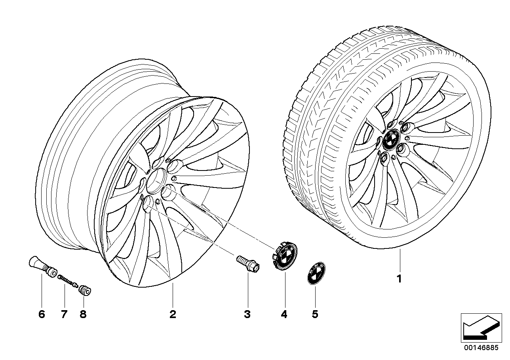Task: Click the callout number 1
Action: [x=400, y=279]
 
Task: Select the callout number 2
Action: [x=172, y=315]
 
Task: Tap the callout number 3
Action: [x=247, y=315]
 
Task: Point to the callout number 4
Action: [x=284, y=315]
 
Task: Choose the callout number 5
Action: [x=315, y=315]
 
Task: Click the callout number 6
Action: [x=42, y=315]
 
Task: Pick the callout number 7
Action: [x=64, y=315]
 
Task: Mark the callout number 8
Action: [x=83, y=315]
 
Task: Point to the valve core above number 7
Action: [x=67, y=282]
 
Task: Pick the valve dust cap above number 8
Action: [x=85, y=291]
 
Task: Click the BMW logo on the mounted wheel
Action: [x=392, y=140]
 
